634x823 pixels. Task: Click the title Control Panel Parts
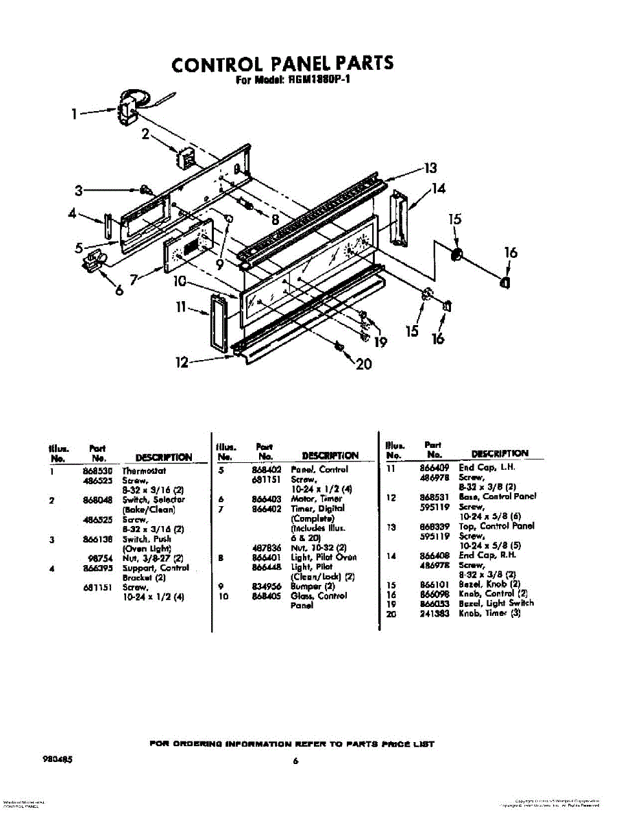click(282, 64)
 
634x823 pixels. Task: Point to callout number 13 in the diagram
click(430, 168)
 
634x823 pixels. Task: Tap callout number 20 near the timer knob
click(364, 363)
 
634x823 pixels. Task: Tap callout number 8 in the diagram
click(275, 220)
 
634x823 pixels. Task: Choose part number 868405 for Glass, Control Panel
click(265, 596)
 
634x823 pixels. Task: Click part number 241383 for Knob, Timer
click(434, 613)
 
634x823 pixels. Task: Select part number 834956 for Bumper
click(265, 586)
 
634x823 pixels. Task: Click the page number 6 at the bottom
click(295, 760)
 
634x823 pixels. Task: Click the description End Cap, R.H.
click(487, 556)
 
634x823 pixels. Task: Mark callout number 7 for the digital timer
click(135, 279)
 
